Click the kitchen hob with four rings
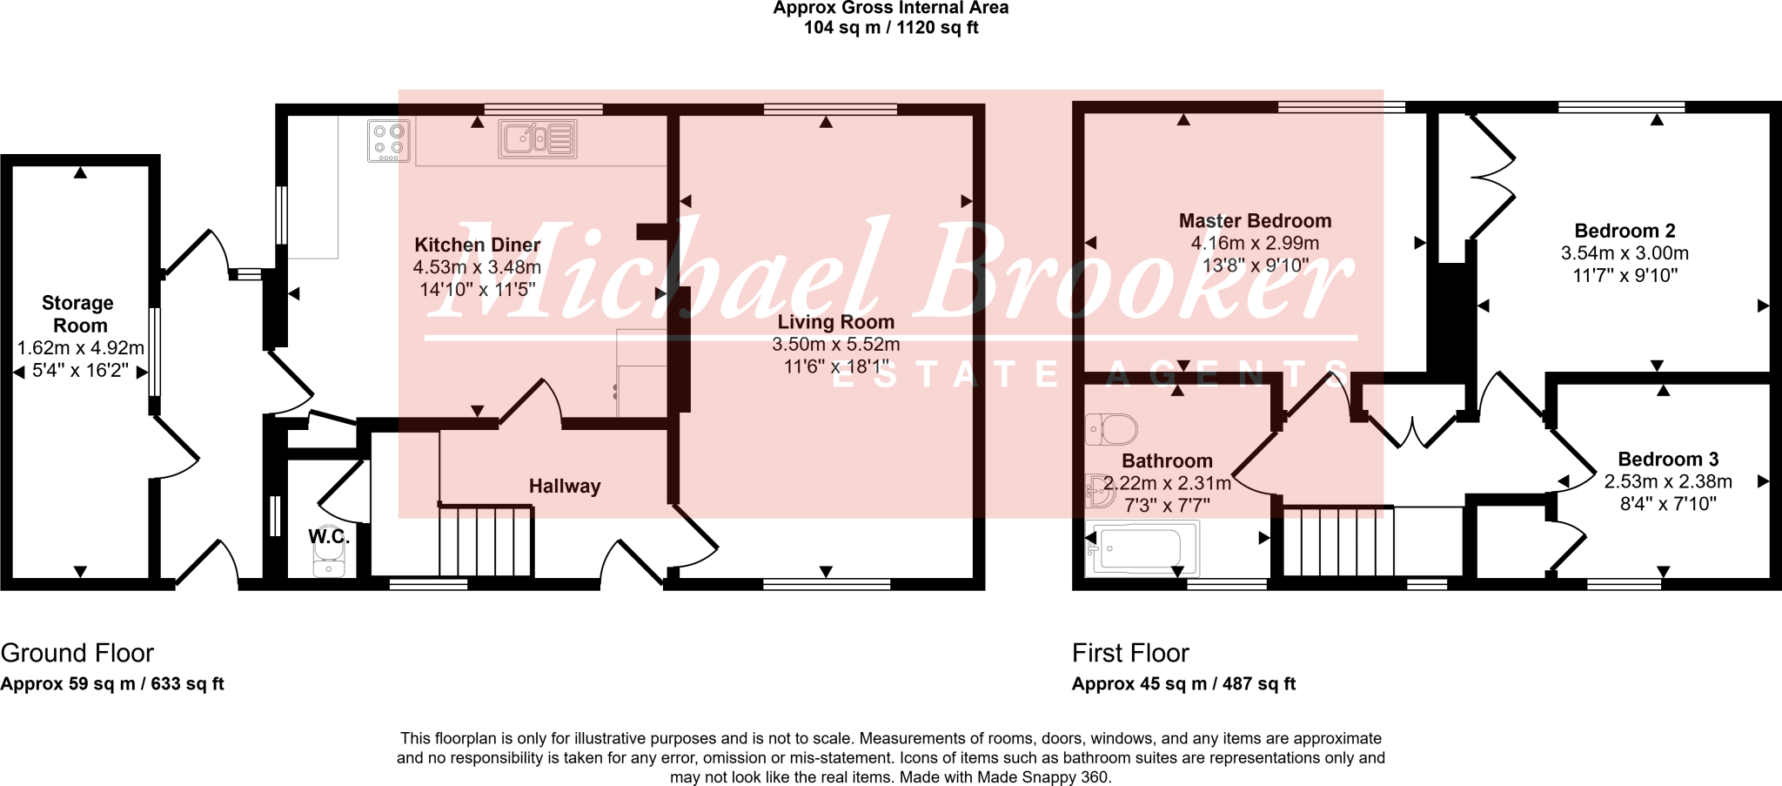pos(389,141)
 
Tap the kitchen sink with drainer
pos(537,138)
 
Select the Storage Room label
pos(78,314)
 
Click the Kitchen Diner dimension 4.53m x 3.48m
pos(477,267)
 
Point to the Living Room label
pos(835,322)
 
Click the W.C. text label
pos(329,537)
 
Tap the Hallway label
pos(565,487)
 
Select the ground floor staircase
pos(485,541)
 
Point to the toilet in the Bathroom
pos(1113,429)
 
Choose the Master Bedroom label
pos(1255,221)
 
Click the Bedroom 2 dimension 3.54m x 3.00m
pos(1625,253)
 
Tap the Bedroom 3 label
pos(1668,460)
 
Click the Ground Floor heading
pos(77,653)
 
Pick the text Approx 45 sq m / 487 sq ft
pos(1183,684)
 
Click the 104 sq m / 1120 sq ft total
pos(891,28)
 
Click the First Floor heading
pos(1130,653)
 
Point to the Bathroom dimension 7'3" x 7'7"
pos(1167,505)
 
